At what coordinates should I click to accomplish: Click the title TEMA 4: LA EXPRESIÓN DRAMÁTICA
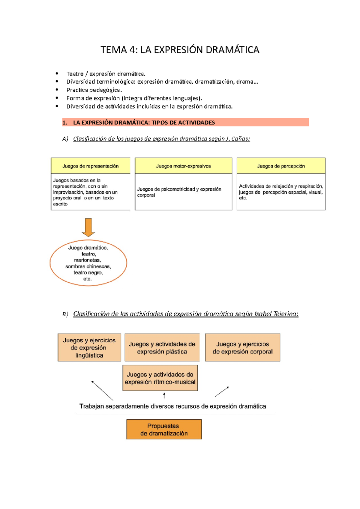tap(180, 50)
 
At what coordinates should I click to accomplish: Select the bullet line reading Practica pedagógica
tap(94, 90)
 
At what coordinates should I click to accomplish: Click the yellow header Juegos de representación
tap(90, 166)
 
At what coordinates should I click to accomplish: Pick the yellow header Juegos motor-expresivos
tap(183, 166)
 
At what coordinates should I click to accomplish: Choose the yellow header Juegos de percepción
tap(281, 166)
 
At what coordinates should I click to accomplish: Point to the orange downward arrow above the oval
tap(88, 227)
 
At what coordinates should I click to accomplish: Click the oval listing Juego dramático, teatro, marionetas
tap(88, 263)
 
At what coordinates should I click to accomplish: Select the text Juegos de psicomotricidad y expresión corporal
tap(179, 192)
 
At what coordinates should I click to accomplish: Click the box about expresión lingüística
tap(89, 348)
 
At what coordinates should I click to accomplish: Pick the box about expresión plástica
tap(162, 348)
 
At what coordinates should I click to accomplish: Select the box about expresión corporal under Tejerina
tap(242, 348)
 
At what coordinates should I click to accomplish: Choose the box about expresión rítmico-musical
tap(160, 378)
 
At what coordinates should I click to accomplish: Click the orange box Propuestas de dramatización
tap(164, 429)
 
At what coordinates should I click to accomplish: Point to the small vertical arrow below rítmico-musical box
tap(164, 396)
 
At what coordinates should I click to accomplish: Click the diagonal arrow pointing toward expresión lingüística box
tap(102, 390)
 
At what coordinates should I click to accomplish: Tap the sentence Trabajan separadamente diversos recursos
tap(172, 406)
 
